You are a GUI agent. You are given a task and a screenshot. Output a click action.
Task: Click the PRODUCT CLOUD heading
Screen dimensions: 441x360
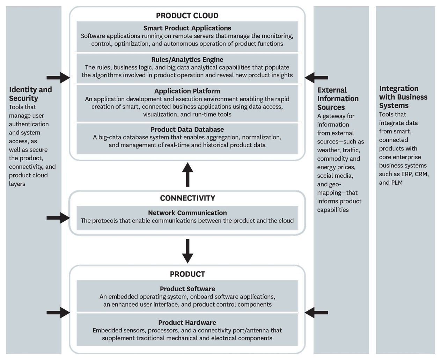tap(187, 16)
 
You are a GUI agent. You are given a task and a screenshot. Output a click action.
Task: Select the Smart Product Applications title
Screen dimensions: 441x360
tap(187, 28)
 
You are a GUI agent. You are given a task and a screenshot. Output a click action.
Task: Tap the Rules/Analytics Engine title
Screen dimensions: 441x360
tap(187, 60)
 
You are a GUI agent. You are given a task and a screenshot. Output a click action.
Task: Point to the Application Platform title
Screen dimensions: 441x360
tap(187, 91)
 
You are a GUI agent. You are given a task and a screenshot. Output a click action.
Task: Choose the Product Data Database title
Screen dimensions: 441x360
tap(187, 130)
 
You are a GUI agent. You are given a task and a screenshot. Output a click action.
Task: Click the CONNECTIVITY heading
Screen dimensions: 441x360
tap(188, 198)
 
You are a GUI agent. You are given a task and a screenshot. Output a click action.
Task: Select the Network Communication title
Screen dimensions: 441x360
tap(188, 213)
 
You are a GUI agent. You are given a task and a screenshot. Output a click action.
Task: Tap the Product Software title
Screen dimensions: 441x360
tap(188, 289)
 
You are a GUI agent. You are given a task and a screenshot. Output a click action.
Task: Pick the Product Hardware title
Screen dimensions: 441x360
tap(187, 323)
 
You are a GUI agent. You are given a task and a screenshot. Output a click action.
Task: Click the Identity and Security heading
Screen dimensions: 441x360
tap(30, 94)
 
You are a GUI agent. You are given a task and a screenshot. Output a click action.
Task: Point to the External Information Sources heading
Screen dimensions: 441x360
tap(338, 99)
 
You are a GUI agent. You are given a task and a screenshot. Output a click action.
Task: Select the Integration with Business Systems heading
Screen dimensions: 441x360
tap(403, 97)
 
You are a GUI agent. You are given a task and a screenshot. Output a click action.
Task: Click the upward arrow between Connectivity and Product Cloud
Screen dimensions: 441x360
tap(188, 175)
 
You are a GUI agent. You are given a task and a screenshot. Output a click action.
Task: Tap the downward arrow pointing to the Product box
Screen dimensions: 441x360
tap(188, 251)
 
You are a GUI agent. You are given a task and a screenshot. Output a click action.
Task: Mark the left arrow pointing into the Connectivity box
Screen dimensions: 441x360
tap(58, 218)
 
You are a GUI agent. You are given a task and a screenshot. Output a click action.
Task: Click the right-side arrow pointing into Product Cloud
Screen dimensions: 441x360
tap(316, 78)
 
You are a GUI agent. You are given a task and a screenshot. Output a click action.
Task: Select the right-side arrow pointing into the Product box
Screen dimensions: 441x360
tap(316, 313)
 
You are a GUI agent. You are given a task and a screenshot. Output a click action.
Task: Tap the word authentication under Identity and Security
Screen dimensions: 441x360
tap(29, 124)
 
